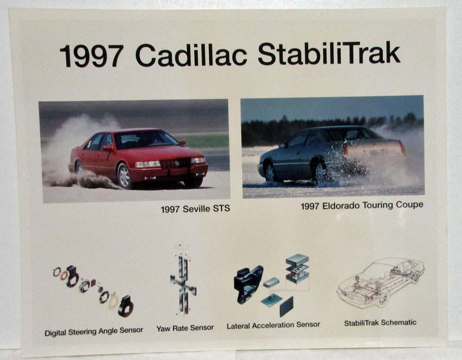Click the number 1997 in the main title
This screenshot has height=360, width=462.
click(91, 55)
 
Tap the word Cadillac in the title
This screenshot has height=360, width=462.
click(191, 55)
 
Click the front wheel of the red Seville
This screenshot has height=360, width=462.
click(124, 176)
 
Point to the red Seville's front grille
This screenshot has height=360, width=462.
click(176, 163)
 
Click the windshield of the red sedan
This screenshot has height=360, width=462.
click(146, 139)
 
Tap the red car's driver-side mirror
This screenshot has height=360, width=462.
click(107, 148)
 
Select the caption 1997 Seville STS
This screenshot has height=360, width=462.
click(195, 209)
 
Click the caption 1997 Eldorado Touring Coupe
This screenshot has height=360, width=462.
click(362, 205)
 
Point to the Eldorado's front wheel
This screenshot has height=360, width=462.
click(270, 172)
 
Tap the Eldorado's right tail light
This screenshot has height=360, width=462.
click(402, 148)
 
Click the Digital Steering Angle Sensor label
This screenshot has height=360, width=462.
click(94, 331)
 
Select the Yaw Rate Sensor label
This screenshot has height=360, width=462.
click(185, 328)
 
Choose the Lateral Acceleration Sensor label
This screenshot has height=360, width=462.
click(273, 325)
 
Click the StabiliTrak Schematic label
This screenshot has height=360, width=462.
click(380, 323)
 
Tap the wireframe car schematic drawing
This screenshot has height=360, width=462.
click(381, 282)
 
